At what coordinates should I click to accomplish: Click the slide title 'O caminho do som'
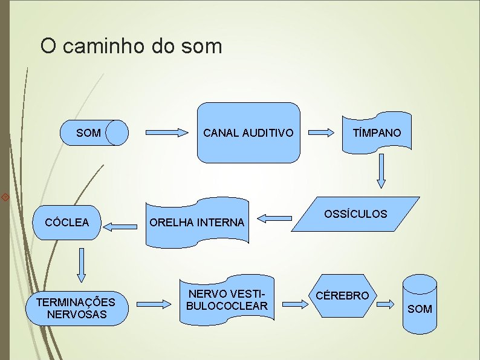pyautogui.click(x=131, y=46)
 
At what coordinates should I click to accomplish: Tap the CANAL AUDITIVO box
pyautogui.click(x=248, y=133)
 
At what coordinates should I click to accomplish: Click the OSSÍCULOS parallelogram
pyautogui.click(x=356, y=214)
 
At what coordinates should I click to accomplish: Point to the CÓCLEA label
pyautogui.click(x=67, y=222)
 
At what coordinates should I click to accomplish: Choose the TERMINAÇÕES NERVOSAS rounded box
pyautogui.click(x=76, y=308)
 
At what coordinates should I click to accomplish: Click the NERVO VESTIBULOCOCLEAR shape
pyautogui.click(x=227, y=299)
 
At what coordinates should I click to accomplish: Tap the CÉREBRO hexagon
pyautogui.click(x=343, y=296)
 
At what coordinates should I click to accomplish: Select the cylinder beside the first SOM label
pyautogui.click(x=117, y=133)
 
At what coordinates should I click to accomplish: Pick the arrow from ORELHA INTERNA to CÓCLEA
pyautogui.click(x=120, y=227)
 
